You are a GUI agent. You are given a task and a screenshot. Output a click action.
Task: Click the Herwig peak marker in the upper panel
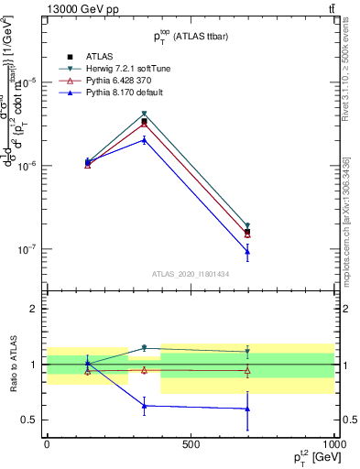[145, 114]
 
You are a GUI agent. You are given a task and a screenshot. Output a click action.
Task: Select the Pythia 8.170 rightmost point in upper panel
[247, 252]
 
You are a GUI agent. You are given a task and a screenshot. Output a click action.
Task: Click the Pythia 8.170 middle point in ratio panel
[145, 406]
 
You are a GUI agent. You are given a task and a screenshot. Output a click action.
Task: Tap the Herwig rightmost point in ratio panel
[247, 351]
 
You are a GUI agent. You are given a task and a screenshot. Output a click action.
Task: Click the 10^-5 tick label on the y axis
[29, 82]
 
